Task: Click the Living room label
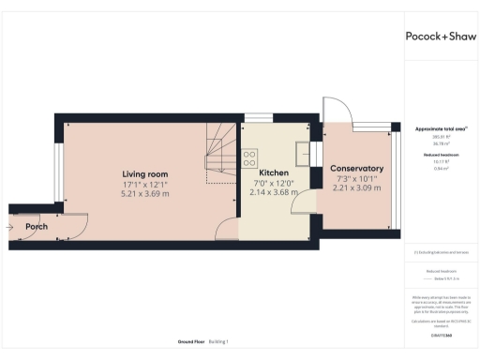(144, 173)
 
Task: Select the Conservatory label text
(356, 168)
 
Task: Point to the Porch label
(36, 226)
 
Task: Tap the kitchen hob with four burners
(249, 157)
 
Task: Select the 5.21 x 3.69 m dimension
(144, 194)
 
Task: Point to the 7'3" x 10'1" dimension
(356, 178)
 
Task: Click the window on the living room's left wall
(58, 172)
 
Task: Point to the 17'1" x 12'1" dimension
(144, 184)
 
